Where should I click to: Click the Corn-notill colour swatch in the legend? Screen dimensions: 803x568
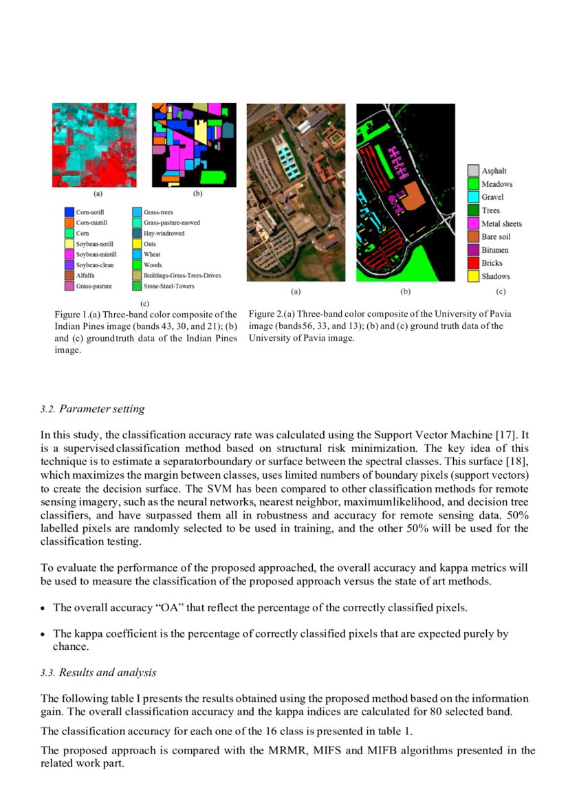tap(68, 213)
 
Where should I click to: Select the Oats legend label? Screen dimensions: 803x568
tap(150, 244)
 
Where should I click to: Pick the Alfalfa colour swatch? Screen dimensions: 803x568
tap(68, 275)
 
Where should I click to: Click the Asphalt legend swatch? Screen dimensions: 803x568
tap(473, 170)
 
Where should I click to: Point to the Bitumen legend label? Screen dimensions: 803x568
tap(495, 250)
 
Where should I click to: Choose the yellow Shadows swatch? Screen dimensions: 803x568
tap(473, 276)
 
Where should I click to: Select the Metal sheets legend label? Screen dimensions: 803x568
tap(501, 223)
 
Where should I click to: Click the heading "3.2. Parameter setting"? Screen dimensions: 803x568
tap(92, 409)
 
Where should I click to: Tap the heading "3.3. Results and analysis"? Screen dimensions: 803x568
tap(98, 673)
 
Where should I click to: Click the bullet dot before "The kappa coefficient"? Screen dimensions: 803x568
tap(43, 635)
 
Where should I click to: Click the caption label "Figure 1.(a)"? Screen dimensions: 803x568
tap(78, 315)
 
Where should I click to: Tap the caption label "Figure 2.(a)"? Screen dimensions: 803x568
tap(272, 314)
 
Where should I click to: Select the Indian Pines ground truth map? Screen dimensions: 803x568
tap(194, 145)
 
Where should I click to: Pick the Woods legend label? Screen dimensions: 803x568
tap(153, 265)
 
